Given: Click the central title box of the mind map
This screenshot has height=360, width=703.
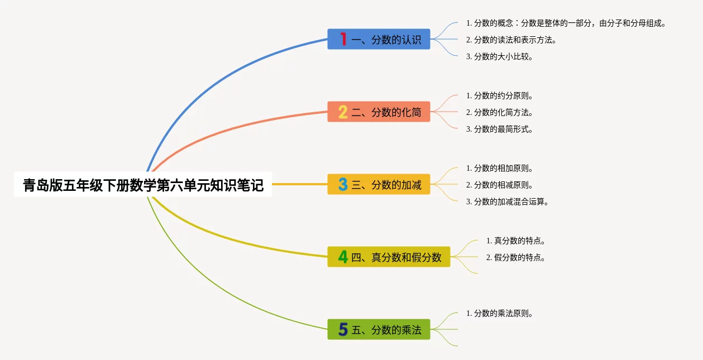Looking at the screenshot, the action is point(143,184).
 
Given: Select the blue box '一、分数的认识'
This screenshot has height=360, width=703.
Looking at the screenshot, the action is point(379,39).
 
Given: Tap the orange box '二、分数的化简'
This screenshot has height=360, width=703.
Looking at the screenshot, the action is point(379,112).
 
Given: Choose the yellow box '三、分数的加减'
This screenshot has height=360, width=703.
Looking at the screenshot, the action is point(379,184).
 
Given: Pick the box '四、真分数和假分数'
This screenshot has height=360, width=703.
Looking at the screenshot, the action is point(389,257).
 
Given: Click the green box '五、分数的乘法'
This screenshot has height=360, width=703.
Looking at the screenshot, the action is point(379,329).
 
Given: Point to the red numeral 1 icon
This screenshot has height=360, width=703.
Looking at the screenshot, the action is point(343,39).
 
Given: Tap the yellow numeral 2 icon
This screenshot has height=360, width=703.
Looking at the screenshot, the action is point(343,112).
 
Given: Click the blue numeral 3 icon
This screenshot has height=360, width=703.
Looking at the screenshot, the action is point(343,184).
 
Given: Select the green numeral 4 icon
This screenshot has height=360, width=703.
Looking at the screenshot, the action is point(343,257).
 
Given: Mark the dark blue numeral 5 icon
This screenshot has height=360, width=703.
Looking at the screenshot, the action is point(343,330).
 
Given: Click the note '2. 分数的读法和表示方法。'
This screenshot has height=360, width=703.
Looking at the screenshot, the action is point(511,40).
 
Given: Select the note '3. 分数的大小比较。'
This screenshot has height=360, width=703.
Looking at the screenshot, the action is point(499,56).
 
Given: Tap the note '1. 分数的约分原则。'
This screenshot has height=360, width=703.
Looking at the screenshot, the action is point(499,95).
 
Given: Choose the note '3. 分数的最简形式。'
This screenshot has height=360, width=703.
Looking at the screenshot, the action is point(499,129).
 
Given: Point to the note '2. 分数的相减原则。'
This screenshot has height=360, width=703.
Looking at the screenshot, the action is point(499,185).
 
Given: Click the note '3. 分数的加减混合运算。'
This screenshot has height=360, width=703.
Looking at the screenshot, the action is point(507,201).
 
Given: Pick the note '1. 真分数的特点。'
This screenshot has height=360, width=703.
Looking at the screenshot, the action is point(515,241).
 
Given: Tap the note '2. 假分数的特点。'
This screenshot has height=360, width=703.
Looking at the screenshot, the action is point(515,257).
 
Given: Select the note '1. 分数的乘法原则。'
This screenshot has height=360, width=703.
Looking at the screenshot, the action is point(499,313).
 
